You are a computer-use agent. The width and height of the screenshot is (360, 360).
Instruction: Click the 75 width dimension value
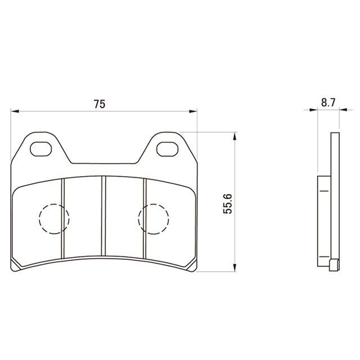pyautogui.click(x=100, y=104)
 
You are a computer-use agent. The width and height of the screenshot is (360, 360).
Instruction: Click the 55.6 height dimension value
pyautogui.click(x=228, y=204)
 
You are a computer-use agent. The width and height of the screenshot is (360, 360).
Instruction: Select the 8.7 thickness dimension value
pyautogui.click(x=328, y=102)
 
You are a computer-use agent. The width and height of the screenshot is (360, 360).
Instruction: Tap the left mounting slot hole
pyautogui.click(x=41, y=149)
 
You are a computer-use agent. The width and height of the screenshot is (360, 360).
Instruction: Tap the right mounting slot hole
pyautogui.click(x=168, y=149)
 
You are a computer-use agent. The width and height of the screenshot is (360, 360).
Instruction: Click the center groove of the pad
pyautogui.click(x=103, y=216)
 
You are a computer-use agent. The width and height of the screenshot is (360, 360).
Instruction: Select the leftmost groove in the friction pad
pyautogui.click(x=63, y=218)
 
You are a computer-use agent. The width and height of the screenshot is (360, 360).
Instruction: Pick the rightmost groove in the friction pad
pyautogui.click(x=145, y=218)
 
